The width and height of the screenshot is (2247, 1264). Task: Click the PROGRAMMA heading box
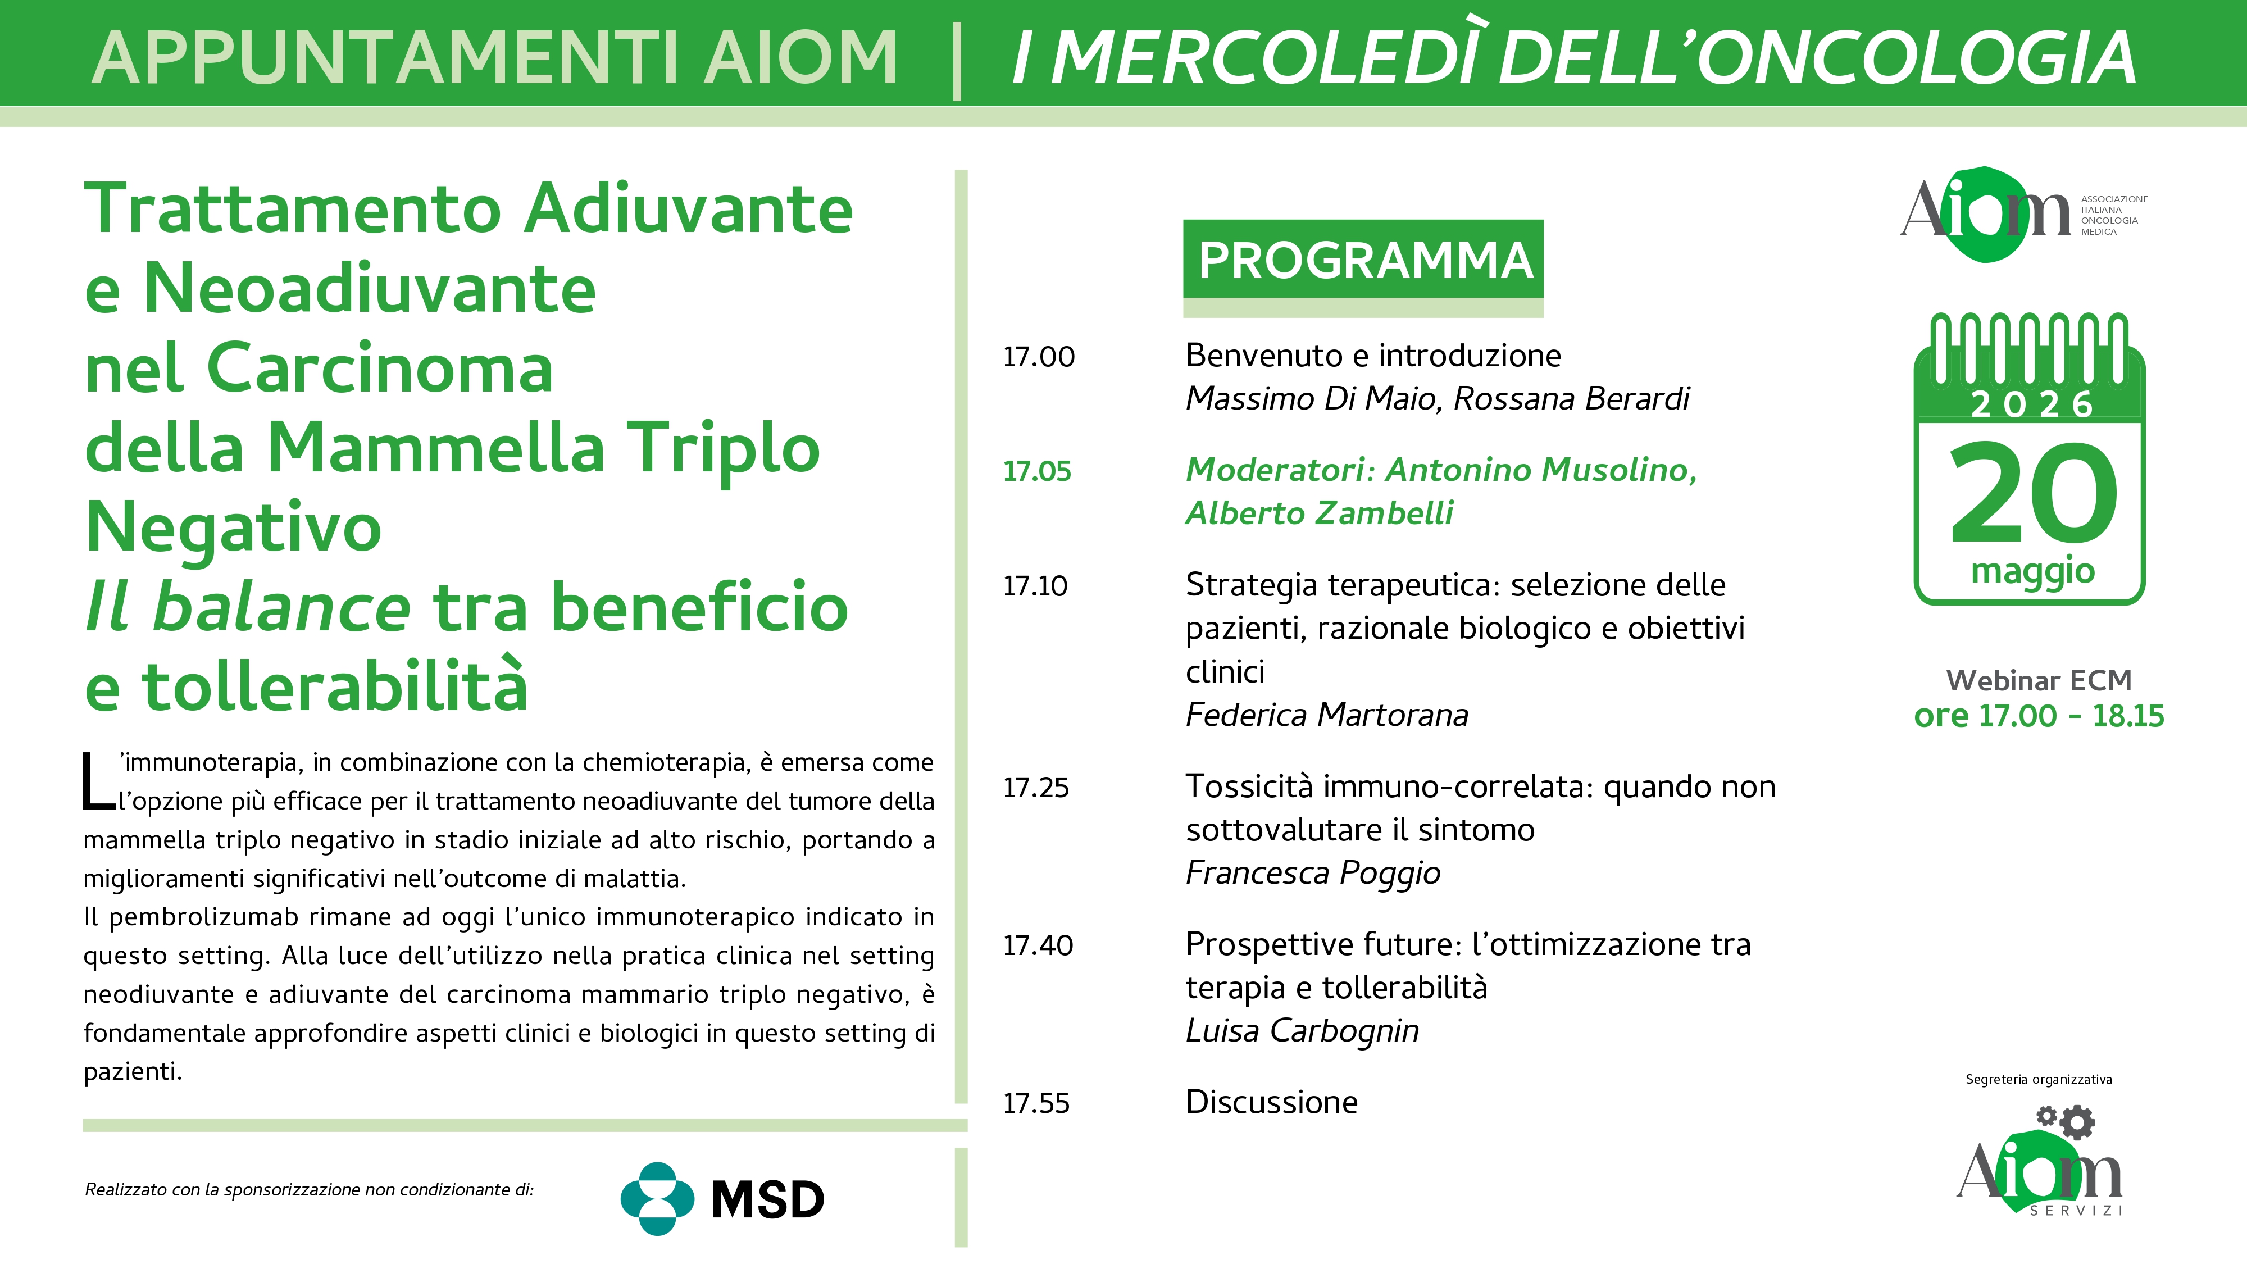[x=1362, y=259]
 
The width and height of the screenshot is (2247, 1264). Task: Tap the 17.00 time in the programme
[x=1038, y=357]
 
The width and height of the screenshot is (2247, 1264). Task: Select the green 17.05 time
[x=1036, y=471]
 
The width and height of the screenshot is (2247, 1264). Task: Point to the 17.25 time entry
[x=1035, y=788]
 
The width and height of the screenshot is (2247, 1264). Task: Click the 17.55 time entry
[x=1035, y=1103]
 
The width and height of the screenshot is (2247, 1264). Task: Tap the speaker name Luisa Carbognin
[x=1302, y=1031]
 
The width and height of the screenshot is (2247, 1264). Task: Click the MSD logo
[x=722, y=1199]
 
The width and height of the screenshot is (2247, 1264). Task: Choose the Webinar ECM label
[x=2039, y=680]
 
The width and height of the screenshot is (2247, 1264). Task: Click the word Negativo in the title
[x=234, y=528]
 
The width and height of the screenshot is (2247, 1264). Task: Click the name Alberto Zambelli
[x=1320, y=513]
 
